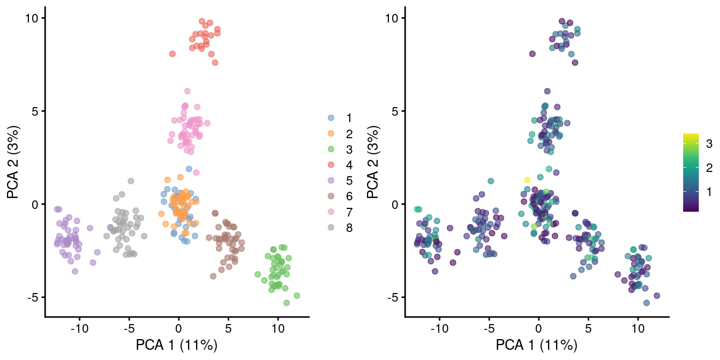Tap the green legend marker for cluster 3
(331, 148)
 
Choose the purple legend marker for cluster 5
(331, 180)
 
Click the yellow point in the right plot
(527, 180)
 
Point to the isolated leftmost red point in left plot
(172, 54)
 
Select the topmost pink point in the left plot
(187, 91)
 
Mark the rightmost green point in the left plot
(297, 296)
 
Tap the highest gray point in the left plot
(131, 181)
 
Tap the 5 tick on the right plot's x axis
(588, 326)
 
